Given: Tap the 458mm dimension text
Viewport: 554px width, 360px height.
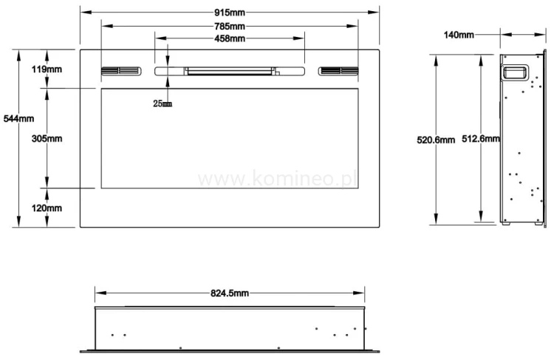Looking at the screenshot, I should tap(229, 38).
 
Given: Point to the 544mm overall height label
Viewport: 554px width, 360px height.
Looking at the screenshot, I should tap(18, 118).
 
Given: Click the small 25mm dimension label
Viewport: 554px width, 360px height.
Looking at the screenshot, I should tap(162, 103).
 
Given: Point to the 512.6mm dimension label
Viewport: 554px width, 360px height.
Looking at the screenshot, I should tap(480, 139).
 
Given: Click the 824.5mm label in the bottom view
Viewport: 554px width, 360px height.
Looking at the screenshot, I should tap(229, 293).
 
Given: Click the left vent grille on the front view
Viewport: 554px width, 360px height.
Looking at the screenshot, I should tap(120, 72).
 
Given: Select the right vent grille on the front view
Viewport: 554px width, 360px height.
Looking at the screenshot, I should tap(339, 72).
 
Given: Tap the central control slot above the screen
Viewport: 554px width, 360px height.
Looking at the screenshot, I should tap(229, 72).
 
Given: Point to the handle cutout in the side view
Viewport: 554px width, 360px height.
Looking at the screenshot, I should tap(515, 72).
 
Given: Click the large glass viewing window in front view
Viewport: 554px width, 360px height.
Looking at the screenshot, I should tap(229, 138).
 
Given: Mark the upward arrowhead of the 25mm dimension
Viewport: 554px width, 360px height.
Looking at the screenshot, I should tap(168, 79).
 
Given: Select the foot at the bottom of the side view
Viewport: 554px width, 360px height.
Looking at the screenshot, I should tap(507, 223).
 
